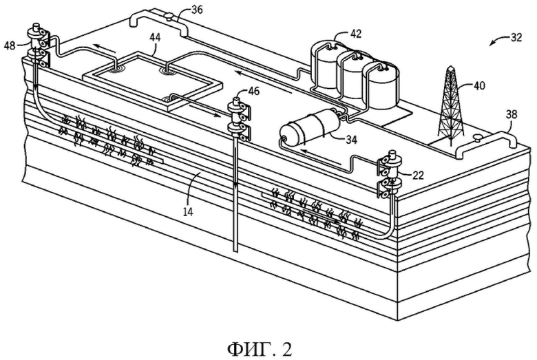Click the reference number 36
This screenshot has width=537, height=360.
pos(197,9)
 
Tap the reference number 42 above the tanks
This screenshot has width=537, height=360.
pos(355,33)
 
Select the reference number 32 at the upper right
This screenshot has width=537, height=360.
pos(516,37)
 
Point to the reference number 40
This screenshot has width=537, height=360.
pos(479,85)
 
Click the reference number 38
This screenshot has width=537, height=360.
pos(512,114)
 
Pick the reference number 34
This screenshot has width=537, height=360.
pos(351,140)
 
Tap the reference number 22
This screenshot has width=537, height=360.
pos(418,176)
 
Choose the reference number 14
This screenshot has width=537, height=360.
pos(188,212)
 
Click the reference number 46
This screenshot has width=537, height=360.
pos(254,91)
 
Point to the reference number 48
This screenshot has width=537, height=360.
pos(10,45)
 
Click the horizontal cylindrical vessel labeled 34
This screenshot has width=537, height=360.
pos(310,127)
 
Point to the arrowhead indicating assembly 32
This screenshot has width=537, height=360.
pos(492,43)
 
